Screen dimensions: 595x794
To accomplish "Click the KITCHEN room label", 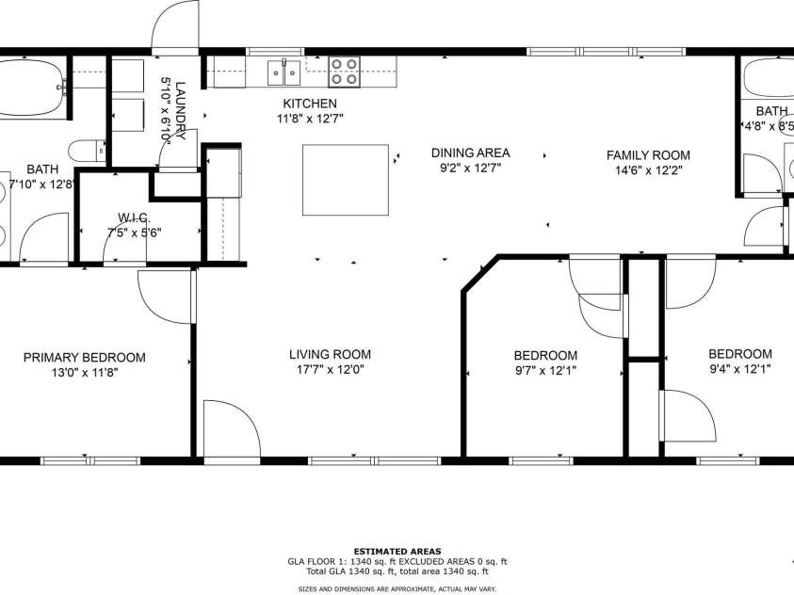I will (310, 104).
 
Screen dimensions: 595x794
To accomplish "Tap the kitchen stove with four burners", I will (344, 71).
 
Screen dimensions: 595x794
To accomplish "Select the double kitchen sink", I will (284, 71).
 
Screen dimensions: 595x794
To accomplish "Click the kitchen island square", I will (346, 180).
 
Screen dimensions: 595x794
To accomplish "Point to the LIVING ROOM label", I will (330, 355).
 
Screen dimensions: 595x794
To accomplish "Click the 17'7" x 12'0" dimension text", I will (330, 371).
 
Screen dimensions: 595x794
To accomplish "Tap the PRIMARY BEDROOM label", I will (85, 358).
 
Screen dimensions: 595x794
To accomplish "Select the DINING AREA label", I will (470, 153).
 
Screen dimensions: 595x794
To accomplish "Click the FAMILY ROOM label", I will (648, 155).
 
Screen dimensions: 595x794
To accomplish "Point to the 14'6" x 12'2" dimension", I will (648, 171).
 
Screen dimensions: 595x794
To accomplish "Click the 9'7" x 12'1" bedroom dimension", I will (544, 371).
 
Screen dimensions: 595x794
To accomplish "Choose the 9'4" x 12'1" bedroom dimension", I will (739, 370).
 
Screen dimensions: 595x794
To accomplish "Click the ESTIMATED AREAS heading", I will (397, 552).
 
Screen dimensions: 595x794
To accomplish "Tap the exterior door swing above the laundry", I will (177, 26).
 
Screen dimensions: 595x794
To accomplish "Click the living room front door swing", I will (232, 428).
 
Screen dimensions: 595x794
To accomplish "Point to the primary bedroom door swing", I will (165, 297).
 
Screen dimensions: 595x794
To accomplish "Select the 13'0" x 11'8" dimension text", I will (85, 373).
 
